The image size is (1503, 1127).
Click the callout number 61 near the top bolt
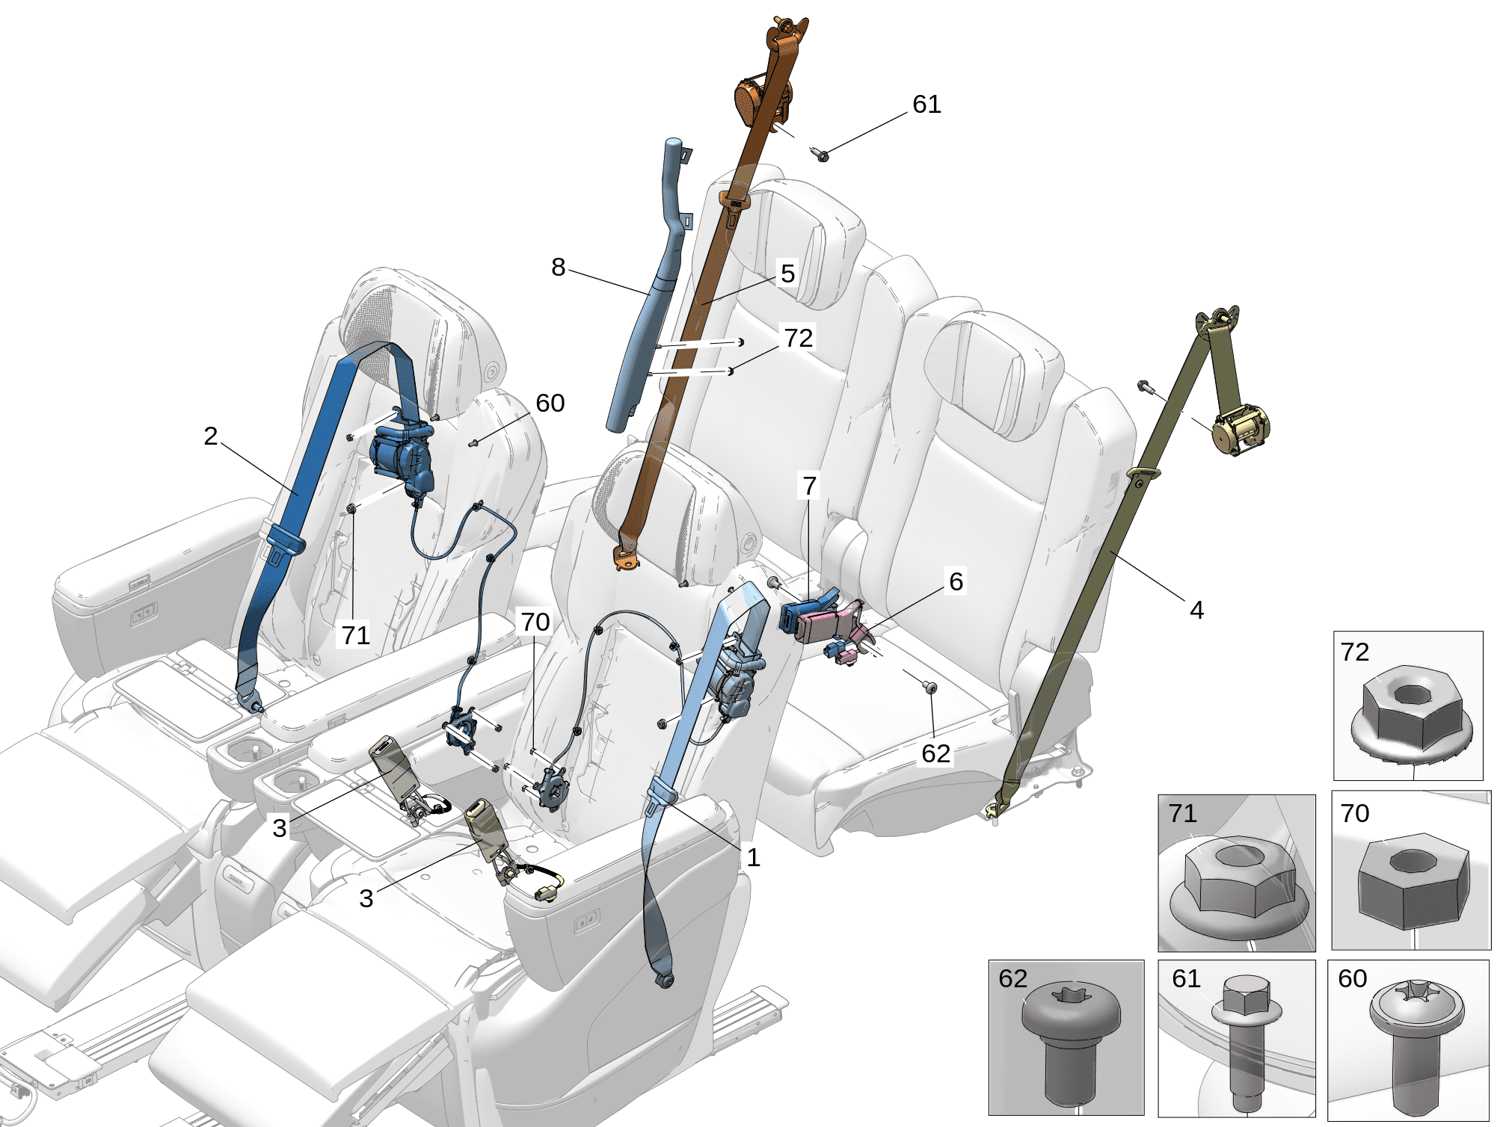coord(926,105)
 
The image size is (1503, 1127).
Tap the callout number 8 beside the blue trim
coord(559,268)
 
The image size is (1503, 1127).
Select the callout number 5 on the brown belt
coord(787,274)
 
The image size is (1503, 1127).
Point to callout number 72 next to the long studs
coord(799,338)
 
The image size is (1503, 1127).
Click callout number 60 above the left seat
coord(550,404)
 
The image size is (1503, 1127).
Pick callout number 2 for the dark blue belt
coord(211,436)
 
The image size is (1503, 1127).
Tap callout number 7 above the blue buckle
coord(809,487)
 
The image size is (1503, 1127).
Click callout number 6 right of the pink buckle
coord(956,581)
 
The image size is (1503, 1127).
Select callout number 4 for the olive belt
coord(1196,611)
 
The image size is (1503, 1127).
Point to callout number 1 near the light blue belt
coord(753,858)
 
